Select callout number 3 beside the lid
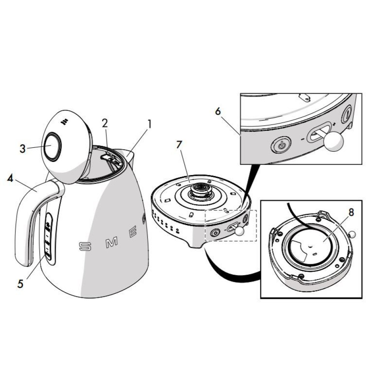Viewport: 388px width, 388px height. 23,148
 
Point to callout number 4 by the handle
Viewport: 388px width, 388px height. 10,179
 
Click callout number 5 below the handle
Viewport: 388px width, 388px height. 20,284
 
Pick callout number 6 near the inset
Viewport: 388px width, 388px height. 218,111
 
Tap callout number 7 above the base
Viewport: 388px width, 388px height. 179,145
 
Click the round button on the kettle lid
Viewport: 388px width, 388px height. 52,146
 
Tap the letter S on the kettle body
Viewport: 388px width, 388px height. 85,246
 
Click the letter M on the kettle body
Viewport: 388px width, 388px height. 112,242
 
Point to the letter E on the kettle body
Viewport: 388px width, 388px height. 133,232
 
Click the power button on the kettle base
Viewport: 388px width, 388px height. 215,233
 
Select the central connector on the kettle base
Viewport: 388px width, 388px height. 202,190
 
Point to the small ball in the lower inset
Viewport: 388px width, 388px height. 352,234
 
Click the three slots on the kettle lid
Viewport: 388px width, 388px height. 64,121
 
